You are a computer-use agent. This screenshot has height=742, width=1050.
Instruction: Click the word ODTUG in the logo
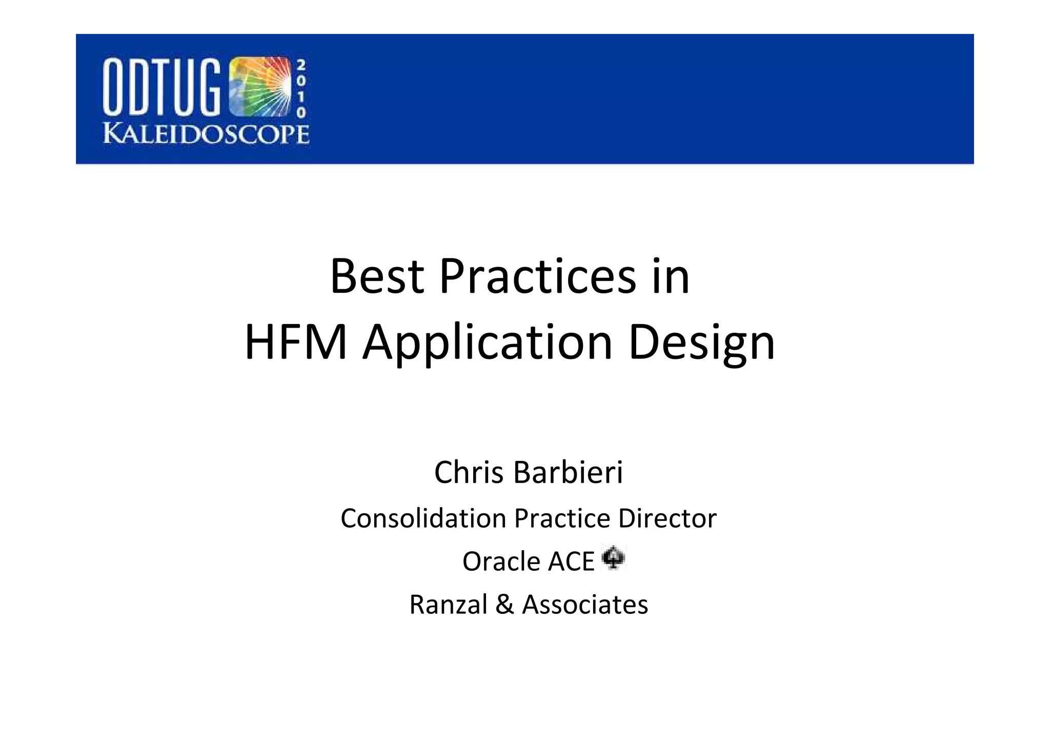(162, 86)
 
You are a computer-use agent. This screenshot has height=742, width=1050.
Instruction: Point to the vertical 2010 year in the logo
(301, 88)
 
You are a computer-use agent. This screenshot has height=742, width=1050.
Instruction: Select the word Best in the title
(377, 276)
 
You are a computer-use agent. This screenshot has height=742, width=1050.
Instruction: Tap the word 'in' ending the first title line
(671, 276)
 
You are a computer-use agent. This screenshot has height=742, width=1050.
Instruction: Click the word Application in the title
(488, 342)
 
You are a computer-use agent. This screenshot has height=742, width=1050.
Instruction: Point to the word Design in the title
(701, 342)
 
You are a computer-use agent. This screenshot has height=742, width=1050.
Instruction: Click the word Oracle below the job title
(501, 561)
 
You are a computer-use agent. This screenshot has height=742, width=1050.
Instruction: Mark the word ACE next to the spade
(571, 561)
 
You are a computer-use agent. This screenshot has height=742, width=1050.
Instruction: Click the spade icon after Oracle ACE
(613, 558)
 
